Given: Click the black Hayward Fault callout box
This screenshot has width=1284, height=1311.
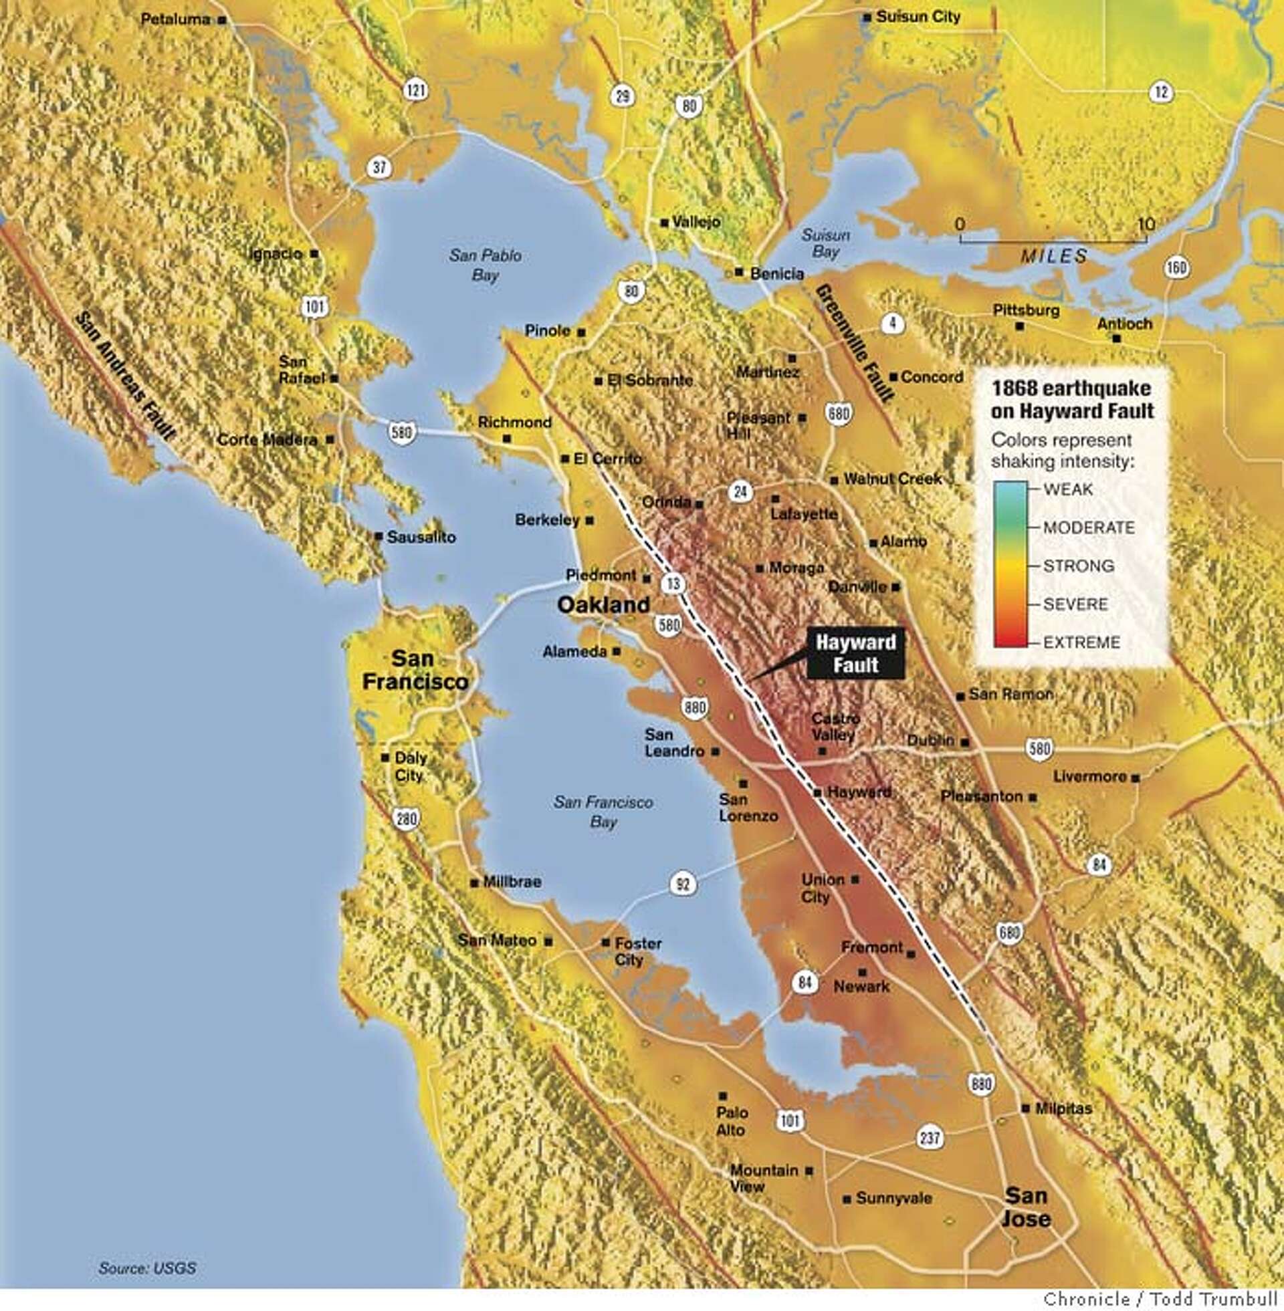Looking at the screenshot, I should coord(855,654).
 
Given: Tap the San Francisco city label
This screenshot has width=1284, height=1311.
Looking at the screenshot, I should coord(415,670).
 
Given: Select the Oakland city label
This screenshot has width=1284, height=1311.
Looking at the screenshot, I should coord(603,604).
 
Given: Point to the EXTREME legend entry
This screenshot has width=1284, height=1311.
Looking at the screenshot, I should coord(1081,642).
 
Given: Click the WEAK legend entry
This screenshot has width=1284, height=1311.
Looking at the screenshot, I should coord(1067,489).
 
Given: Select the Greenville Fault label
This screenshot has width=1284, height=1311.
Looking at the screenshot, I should coord(854,343).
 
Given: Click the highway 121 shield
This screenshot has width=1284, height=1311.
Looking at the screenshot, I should coord(415,89).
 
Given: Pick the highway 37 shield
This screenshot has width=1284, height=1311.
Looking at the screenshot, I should coord(380,166).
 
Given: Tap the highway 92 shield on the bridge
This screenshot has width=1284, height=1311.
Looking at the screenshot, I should coord(683,884).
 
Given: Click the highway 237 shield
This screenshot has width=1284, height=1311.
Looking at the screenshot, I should coord(930,1139).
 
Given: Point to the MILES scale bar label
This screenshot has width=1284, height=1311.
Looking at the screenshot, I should coord(1053,256).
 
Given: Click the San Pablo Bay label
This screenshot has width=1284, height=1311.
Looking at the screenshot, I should coord(485,265).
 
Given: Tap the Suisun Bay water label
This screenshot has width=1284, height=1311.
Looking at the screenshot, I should coord(825,243).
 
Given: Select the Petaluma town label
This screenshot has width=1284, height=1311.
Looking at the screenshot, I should coord(175,19).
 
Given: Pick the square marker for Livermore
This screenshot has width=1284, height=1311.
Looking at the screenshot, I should coord(1136,778).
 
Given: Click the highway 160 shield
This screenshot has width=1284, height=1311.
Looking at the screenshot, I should coord(1176,268).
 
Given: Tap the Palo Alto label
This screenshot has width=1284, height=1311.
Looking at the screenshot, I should coord(731,1121).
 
